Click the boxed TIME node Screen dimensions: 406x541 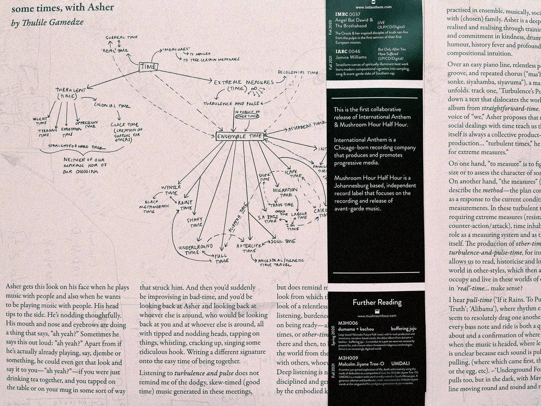148,67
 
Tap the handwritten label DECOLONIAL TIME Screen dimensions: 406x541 298,72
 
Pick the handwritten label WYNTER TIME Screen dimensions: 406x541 170,189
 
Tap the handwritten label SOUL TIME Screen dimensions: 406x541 283,241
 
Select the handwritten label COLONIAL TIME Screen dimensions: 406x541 112,106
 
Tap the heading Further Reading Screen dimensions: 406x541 376,302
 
